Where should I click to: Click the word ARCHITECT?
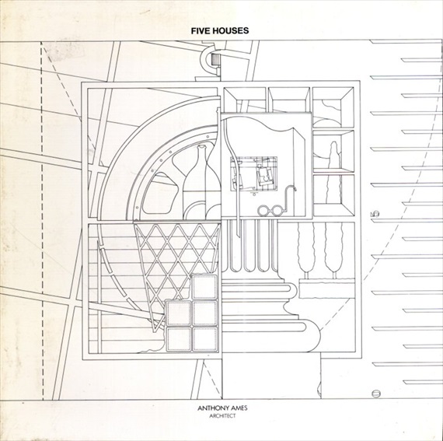click(x=222, y=416)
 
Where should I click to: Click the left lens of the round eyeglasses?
click(x=264, y=210)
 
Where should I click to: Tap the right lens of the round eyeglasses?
click(x=277, y=211)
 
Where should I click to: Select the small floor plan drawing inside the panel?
click(x=253, y=173)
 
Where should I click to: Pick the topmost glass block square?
click(x=204, y=287)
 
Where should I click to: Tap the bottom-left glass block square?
click(x=179, y=339)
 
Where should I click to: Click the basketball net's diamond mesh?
click(x=176, y=263)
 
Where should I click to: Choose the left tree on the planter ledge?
click(x=306, y=250)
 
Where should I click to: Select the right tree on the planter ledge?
click(x=334, y=250)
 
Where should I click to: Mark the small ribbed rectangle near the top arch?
click(x=216, y=60)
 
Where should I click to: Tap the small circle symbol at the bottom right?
click(x=376, y=394)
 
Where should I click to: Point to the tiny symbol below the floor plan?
click(x=255, y=194)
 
